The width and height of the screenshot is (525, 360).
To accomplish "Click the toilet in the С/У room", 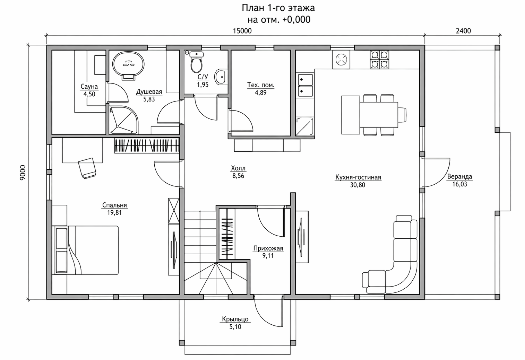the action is pyautogui.click(x=197, y=62).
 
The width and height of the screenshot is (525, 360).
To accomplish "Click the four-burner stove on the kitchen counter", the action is pyautogui.click(x=379, y=60).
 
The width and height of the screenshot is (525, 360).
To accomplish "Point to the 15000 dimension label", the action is pyautogui.click(x=242, y=31).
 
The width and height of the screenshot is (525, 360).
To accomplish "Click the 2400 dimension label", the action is pyautogui.click(x=463, y=31).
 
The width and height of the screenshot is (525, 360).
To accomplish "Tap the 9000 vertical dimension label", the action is pyautogui.click(x=23, y=173).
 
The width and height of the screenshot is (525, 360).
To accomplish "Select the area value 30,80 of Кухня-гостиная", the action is pyautogui.click(x=358, y=185).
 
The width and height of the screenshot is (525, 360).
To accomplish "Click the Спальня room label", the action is pyautogui.click(x=115, y=205).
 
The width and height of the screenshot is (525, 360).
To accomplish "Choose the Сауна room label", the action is pyautogui.click(x=89, y=86).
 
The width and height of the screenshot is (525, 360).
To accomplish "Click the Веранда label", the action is pyautogui.click(x=459, y=176).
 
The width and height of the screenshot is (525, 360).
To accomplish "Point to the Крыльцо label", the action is pyautogui.click(x=235, y=319).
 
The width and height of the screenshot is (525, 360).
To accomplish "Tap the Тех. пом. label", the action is pyautogui.click(x=261, y=85).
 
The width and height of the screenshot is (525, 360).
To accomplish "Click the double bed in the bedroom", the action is pyautogui.click(x=85, y=250).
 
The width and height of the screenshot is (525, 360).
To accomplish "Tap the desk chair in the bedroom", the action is pyautogui.click(x=87, y=168).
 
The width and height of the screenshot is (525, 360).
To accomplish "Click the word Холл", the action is pyautogui.click(x=238, y=168).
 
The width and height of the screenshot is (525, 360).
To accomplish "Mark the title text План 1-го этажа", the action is pyautogui.click(x=278, y=8).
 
